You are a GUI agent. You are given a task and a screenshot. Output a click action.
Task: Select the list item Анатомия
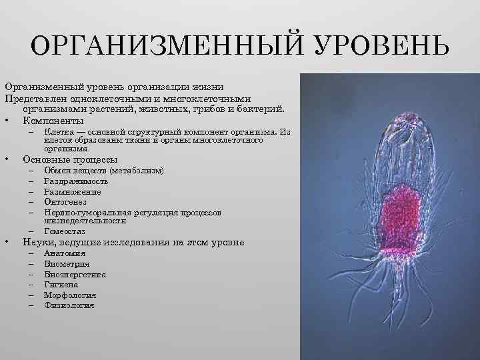[65, 253]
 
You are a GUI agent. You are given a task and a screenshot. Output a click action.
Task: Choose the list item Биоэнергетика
[75, 274]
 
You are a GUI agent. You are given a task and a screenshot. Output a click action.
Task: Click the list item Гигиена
[61, 285]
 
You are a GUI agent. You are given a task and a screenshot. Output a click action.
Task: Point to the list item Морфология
[70, 295]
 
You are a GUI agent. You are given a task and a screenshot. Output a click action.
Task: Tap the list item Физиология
[69, 305]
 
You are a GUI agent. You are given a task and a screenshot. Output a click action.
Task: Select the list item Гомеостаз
[64, 231]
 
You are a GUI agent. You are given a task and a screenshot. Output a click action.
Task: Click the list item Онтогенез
[65, 201]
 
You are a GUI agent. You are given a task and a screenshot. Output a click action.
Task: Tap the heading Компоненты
[53, 121]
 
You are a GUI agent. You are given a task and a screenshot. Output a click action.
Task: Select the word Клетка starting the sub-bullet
[58, 132]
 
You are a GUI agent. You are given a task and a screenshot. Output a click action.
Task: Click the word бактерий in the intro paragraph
[264, 109]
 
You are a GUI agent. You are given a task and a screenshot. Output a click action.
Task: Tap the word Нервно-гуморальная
[85, 211]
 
